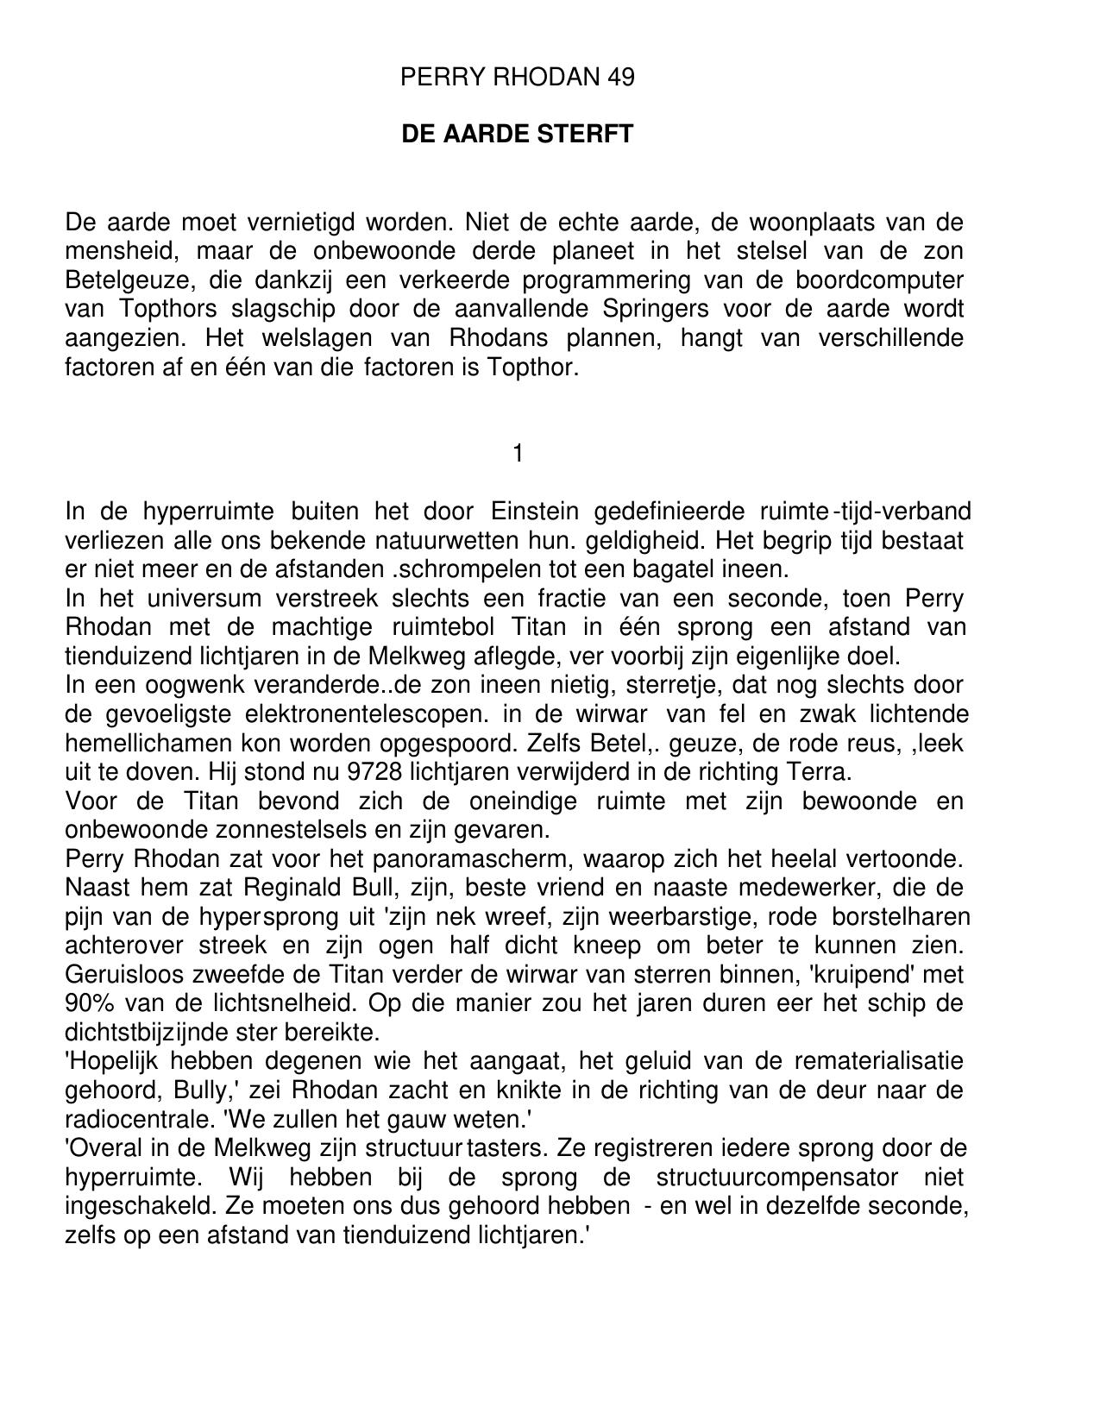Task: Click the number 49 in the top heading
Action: pyautogui.click(x=620, y=78)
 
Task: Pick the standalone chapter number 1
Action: pyautogui.click(x=518, y=453)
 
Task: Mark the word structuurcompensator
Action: pyautogui.click(x=776, y=1178)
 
